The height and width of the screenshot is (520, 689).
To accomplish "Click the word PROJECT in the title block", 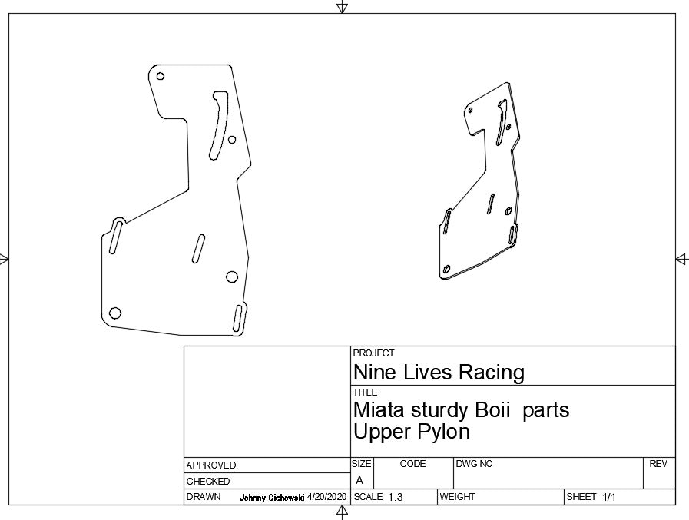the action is (x=373, y=353).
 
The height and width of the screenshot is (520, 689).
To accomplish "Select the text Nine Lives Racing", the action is (x=439, y=372).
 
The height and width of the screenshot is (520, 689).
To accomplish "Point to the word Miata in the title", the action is (x=379, y=409).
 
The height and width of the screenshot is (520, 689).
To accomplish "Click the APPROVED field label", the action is (x=211, y=465).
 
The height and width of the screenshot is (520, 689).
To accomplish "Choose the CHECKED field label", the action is (x=208, y=482).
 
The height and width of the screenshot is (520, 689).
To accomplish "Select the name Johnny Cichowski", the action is (x=272, y=498).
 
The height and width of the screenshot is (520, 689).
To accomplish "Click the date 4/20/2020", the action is (x=327, y=497).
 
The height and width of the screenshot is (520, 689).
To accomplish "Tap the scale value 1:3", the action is (x=395, y=497).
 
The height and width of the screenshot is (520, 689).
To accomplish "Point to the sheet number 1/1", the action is (x=608, y=497).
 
